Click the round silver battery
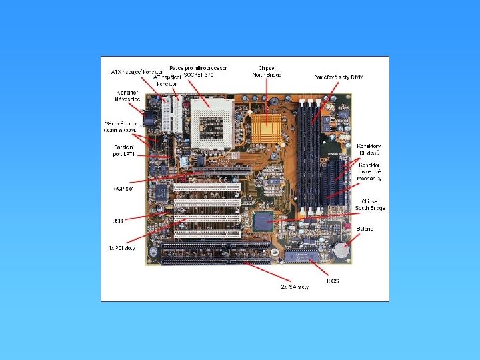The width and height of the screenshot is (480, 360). tap(341, 250)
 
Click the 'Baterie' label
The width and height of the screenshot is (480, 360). tap(365, 229)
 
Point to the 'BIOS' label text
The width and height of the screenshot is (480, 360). tap(333, 281)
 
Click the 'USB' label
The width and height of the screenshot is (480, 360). tap(117, 220)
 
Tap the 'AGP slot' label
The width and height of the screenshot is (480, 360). tap(124, 189)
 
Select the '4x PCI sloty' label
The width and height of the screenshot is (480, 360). tap(121, 248)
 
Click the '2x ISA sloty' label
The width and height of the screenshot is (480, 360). tap(295, 287)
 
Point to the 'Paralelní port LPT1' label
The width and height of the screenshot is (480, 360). tap(123, 150)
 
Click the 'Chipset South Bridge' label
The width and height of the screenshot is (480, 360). tap(372, 204)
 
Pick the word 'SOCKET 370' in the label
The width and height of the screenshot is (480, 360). tap(199, 74)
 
